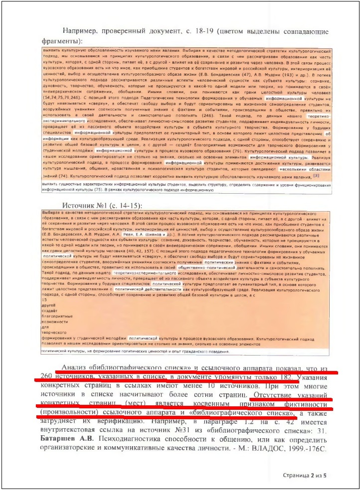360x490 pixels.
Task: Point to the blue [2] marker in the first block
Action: (x=316, y=175)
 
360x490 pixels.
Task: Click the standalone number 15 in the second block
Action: (x=44, y=300)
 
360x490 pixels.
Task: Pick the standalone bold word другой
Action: (x=48, y=305)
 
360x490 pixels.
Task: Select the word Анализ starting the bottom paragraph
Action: (x=73, y=368)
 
